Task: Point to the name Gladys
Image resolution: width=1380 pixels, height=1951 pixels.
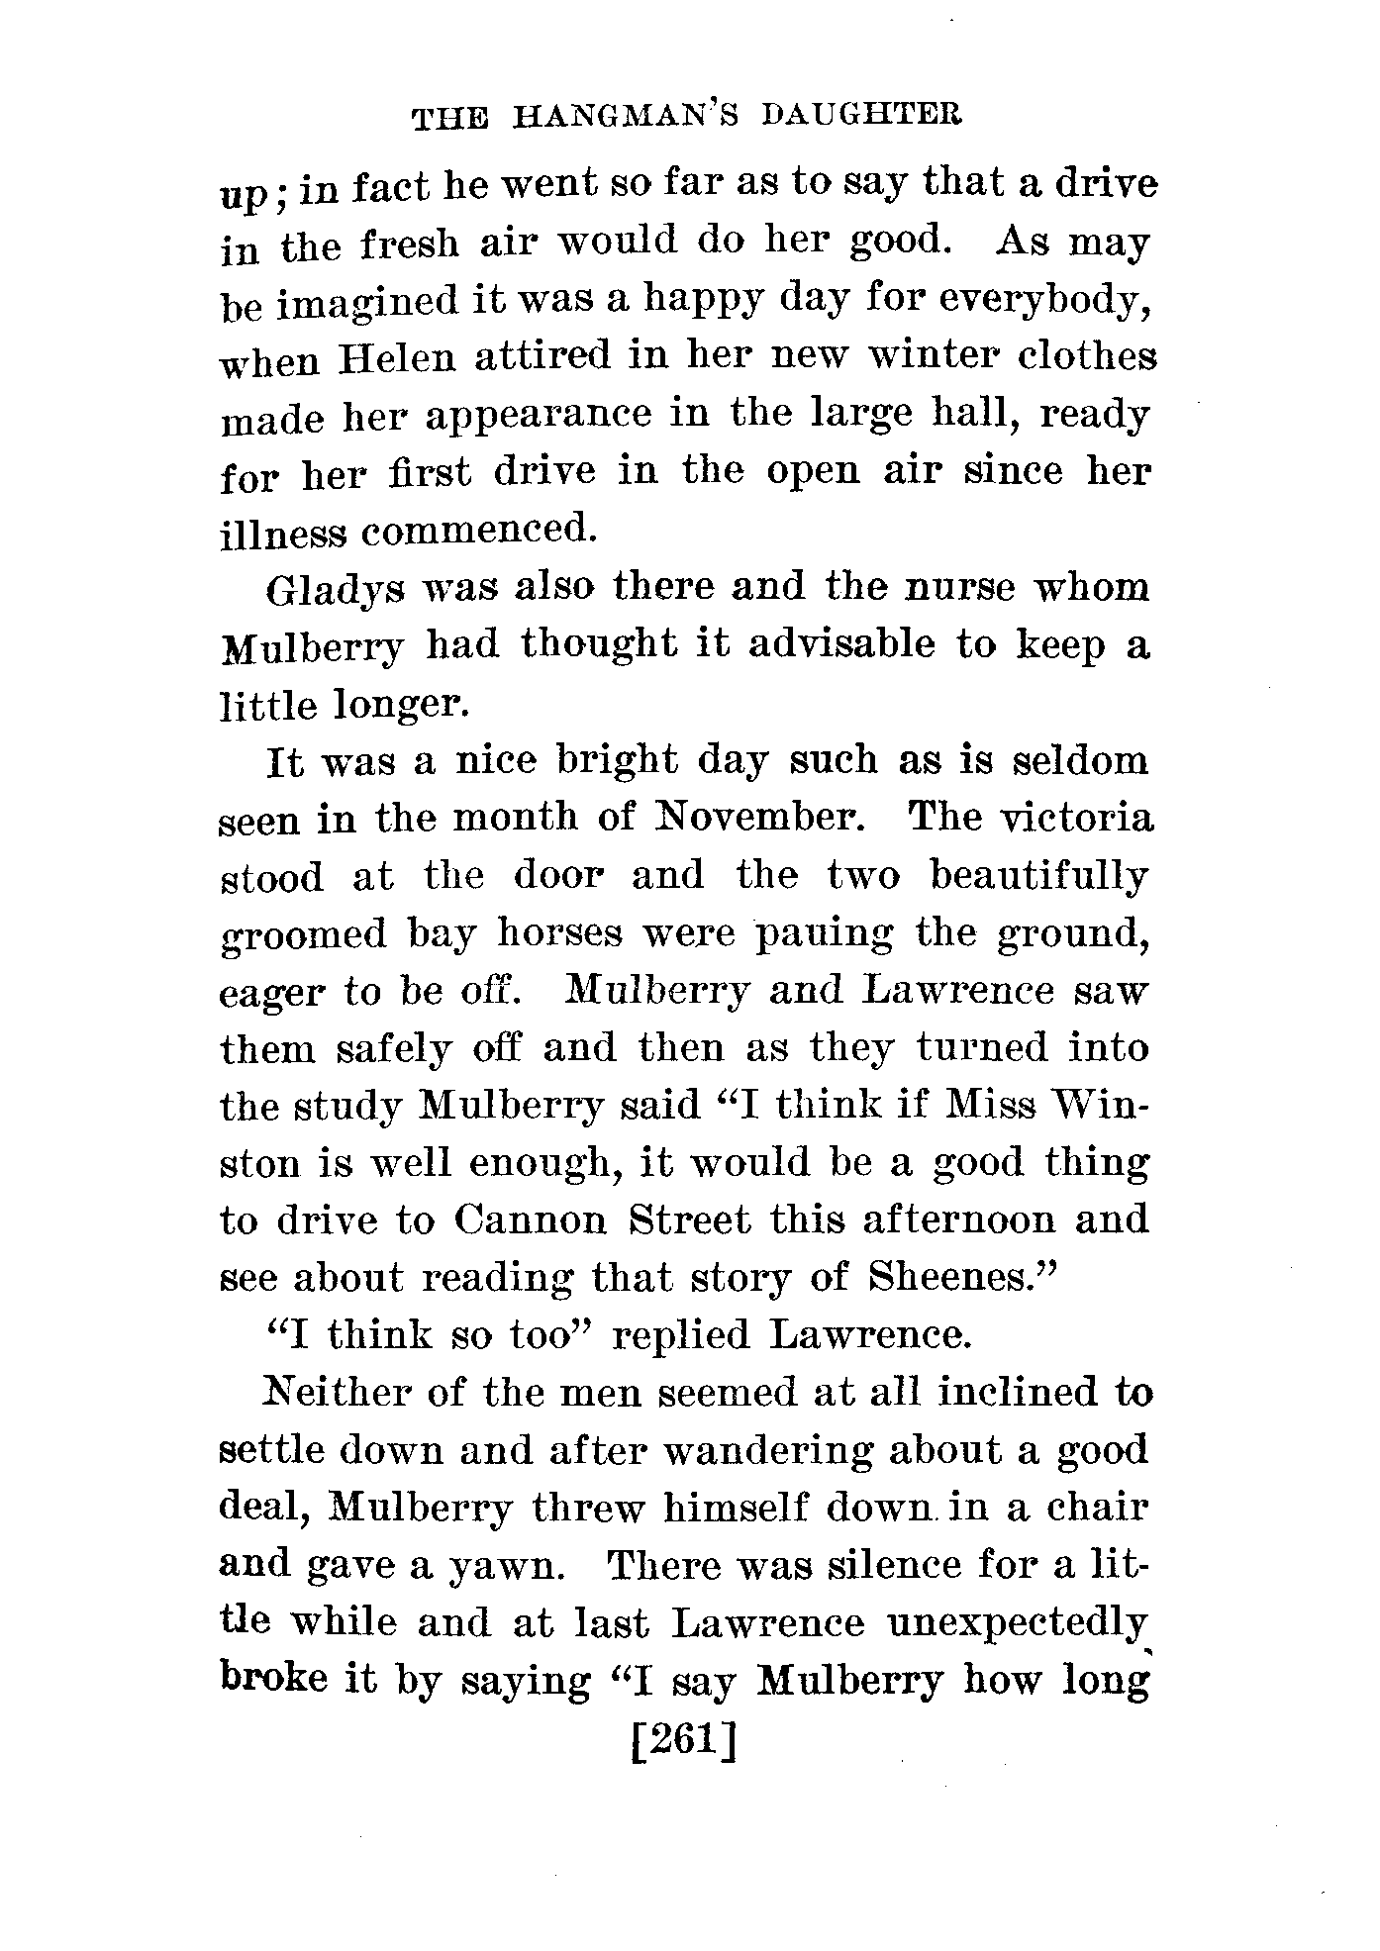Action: pyautogui.click(x=324, y=591)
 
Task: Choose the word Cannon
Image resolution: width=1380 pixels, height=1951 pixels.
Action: pyautogui.click(x=531, y=1219)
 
